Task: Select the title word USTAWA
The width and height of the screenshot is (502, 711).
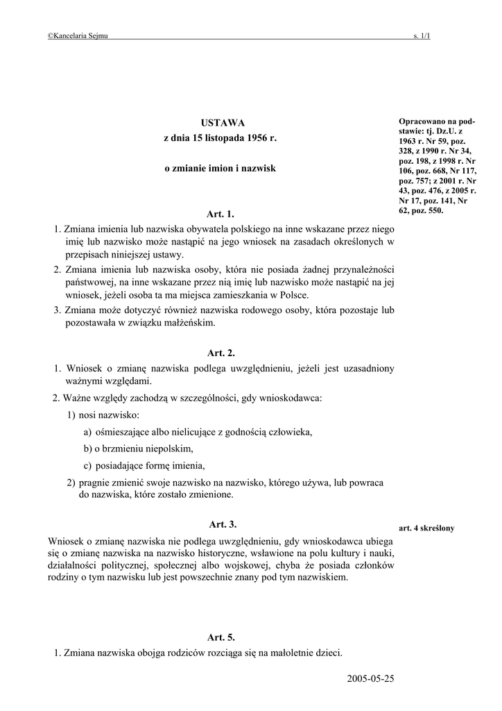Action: tap(219, 122)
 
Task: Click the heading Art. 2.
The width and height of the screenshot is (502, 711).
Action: tap(221, 353)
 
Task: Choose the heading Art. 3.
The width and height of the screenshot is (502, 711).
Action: tap(223, 524)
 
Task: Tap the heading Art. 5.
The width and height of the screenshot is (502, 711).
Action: tap(221, 637)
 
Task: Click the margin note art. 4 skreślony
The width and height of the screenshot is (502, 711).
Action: tap(426, 528)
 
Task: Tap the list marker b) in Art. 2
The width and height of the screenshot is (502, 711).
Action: tap(89, 449)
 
